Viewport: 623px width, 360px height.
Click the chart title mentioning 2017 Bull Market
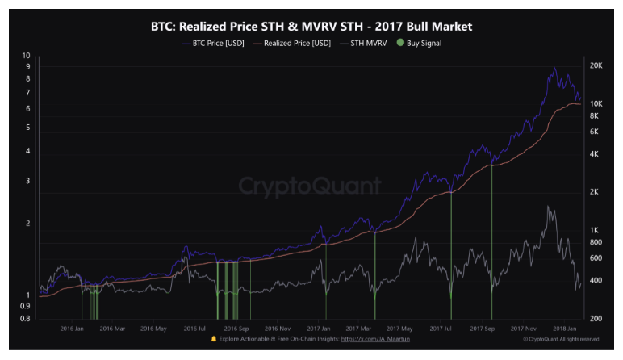tap(311, 27)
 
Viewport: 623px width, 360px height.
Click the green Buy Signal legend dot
tap(402, 43)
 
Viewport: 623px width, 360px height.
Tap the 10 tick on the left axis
tap(27, 56)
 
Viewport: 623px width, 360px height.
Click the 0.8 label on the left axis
tap(25, 318)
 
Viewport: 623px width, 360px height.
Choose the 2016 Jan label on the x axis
tap(73, 329)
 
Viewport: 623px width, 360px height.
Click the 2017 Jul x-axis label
tap(440, 329)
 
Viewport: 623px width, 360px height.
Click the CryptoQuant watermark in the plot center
tap(310, 186)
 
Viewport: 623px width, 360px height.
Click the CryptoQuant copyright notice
tap(560, 340)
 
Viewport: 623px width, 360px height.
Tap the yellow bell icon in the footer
tap(213, 340)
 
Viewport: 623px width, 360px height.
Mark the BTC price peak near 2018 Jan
tap(554, 69)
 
